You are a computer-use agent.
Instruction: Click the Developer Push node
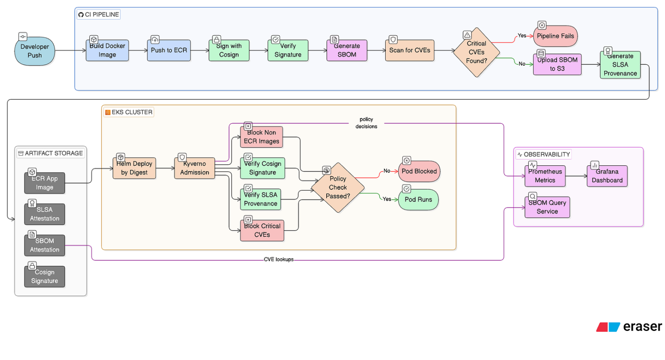click(x=35, y=51)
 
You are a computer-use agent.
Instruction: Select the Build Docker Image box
click(x=107, y=50)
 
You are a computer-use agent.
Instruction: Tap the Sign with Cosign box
click(x=229, y=50)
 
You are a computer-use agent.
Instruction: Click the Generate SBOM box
click(x=346, y=50)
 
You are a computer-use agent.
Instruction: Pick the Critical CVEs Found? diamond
click(x=476, y=53)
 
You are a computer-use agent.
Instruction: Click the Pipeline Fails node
click(x=556, y=36)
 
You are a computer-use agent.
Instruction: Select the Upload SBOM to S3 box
click(x=557, y=64)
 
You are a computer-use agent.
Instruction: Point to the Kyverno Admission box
click(x=194, y=168)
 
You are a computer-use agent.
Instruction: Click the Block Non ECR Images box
click(x=261, y=137)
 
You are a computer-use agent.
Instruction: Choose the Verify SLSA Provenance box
click(x=261, y=199)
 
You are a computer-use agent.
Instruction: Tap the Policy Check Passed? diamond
click(x=338, y=187)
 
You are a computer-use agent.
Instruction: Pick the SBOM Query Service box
click(x=547, y=207)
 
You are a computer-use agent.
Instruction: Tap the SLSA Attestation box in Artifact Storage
click(x=45, y=214)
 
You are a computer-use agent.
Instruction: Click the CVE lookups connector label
click(x=278, y=260)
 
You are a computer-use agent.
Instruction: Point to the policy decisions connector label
click(x=366, y=123)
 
